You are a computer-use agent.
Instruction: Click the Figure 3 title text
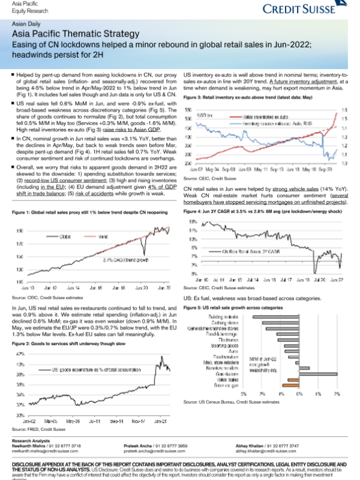pos(248,97)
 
